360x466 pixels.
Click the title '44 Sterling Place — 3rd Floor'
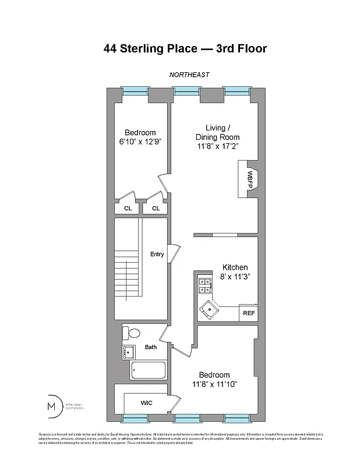click(185, 48)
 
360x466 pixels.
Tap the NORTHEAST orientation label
click(189, 75)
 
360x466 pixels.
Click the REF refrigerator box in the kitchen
click(249, 313)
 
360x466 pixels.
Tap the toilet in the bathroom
click(132, 334)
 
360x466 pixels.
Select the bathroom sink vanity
click(129, 352)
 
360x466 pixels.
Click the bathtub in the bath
click(148, 370)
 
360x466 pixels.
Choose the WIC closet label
click(146, 403)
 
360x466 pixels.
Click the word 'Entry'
click(157, 254)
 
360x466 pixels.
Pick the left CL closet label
click(128, 208)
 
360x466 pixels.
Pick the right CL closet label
click(156, 208)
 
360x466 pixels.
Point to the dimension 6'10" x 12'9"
click(140, 141)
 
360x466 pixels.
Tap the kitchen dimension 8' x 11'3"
click(235, 276)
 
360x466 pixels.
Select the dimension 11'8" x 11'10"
click(214, 384)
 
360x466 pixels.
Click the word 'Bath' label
click(151, 347)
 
